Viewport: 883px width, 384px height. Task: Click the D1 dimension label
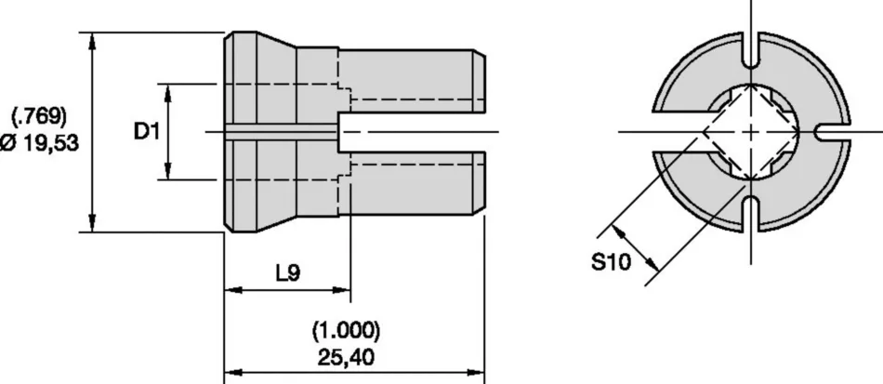point(147,132)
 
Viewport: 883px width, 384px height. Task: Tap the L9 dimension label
point(288,273)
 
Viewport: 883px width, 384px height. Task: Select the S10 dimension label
point(611,261)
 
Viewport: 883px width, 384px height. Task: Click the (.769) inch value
point(39,116)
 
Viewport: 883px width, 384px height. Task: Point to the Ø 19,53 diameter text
point(39,143)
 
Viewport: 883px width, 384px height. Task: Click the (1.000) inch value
point(346,330)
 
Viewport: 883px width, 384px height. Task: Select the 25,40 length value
point(346,357)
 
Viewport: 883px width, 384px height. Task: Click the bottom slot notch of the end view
point(751,214)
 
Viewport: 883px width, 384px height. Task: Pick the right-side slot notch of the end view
point(832,132)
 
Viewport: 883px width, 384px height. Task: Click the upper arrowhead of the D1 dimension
point(168,92)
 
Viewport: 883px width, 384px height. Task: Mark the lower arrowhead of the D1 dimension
point(168,171)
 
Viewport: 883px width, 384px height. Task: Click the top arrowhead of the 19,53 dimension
point(92,41)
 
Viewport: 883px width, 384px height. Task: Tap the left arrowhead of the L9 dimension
point(233,290)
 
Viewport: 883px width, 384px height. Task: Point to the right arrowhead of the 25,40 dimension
point(475,372)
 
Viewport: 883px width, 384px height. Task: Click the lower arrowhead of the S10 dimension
point(652,263)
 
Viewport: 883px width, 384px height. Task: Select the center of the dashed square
point(751,132)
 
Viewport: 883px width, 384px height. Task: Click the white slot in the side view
point(412,132)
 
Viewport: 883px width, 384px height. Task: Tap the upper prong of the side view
point(412,81)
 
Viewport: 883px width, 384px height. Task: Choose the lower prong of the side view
point(412,183)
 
